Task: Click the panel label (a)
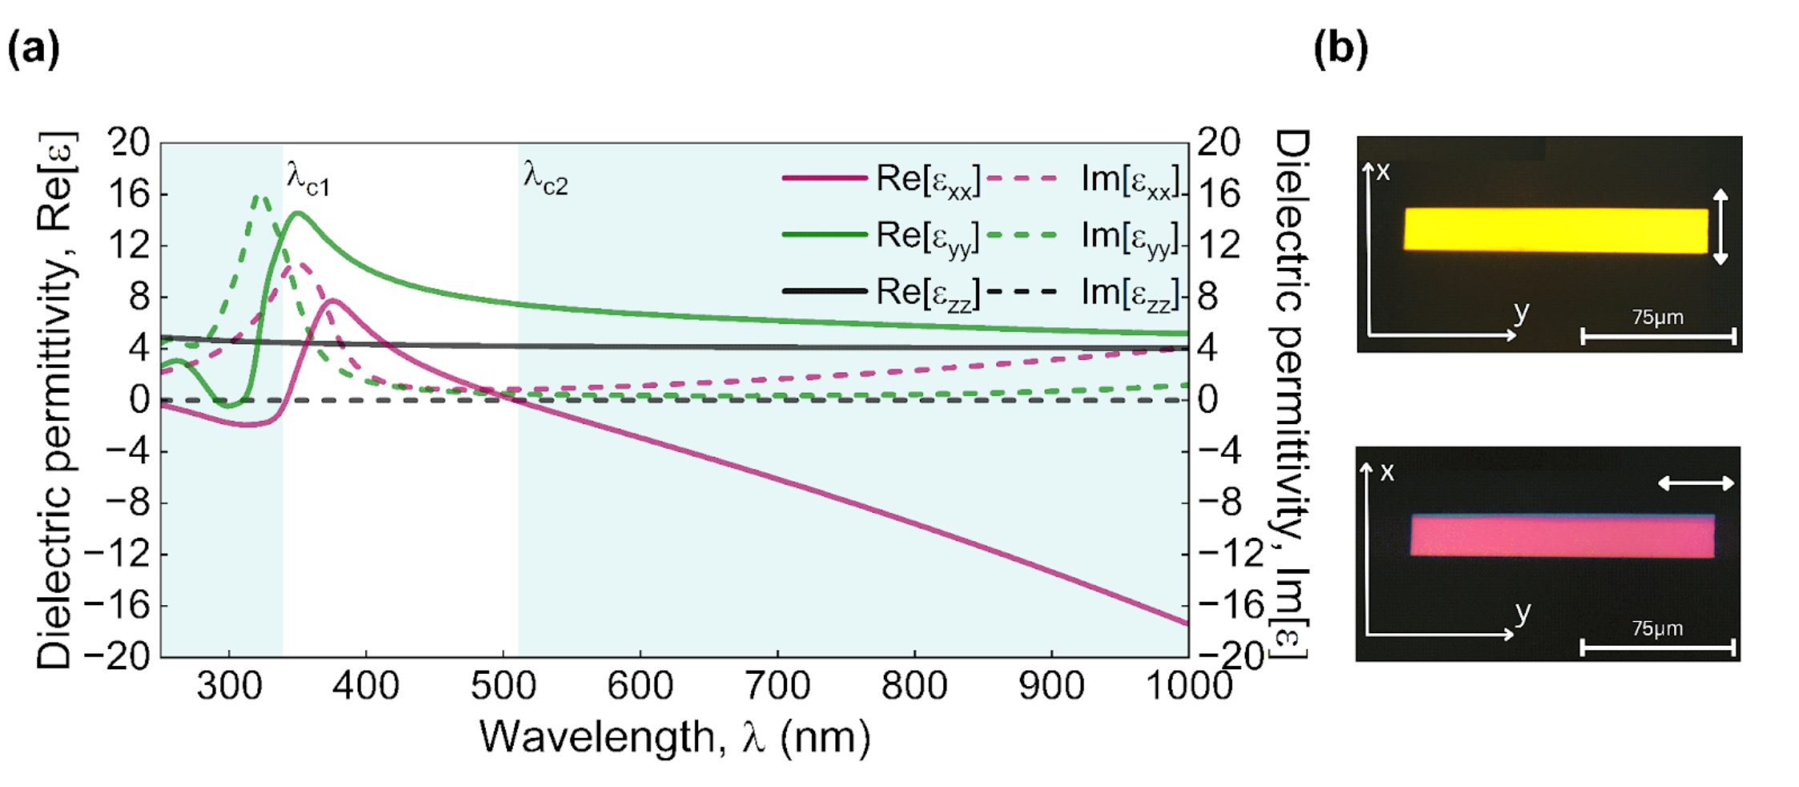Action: click(x=33, y=50)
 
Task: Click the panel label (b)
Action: click(x=1341, y=50)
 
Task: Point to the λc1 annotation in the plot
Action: click(x=308, y=179)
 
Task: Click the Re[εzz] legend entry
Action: click(x=927, y=293)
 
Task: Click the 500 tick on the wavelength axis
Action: click(x=502, y=686)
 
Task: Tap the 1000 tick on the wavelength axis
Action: click(x=1189, y=686)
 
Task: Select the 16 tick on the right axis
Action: click(x=1218, y=194)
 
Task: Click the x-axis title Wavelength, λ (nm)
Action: click(x=675, y=737)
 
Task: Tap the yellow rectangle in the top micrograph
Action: click(x=1555, y=231)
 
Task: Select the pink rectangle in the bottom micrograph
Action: click(x=1562, y=535)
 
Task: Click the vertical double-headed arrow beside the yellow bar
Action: click(x=1720, y=227)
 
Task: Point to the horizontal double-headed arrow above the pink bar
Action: click(x=1696, y=483)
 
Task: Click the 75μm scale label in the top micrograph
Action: click(x=1657, y=317)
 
